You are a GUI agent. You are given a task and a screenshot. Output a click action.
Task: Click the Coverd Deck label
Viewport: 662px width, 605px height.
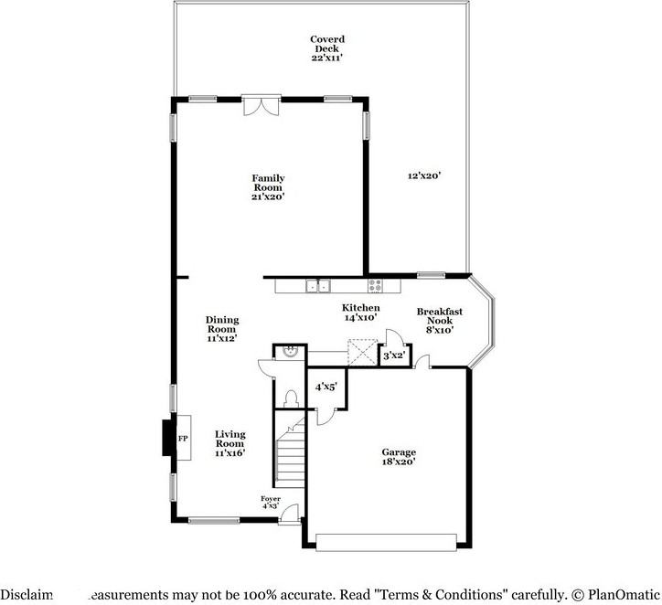pos(326,48)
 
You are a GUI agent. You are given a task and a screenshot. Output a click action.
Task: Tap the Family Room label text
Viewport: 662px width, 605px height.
pos(268,187)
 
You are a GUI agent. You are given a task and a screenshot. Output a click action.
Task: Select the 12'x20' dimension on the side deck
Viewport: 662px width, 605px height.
pos(424,175)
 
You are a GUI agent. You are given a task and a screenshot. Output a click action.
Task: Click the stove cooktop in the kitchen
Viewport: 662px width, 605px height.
pos(375,286)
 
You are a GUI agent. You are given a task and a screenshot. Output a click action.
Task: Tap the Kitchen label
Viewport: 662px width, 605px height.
pos(360,313)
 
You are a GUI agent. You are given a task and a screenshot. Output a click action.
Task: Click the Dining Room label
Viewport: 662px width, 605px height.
pos(222,329)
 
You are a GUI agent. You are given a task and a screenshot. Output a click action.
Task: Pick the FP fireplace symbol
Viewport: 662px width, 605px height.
pos(182,440)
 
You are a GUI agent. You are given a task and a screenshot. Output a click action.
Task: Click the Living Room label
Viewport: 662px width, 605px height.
pos(230,443)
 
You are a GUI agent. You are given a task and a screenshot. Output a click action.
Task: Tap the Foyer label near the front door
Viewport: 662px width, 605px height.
pos(271,502)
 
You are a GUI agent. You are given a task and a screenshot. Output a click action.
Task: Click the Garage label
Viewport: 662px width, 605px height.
pos(399,457)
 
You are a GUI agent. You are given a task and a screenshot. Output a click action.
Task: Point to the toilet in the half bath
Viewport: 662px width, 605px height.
pos(291,398)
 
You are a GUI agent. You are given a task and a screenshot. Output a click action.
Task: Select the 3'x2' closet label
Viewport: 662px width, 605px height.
pos(393,356)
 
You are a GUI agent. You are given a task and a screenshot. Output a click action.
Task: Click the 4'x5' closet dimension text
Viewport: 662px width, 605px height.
pos(326,387)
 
